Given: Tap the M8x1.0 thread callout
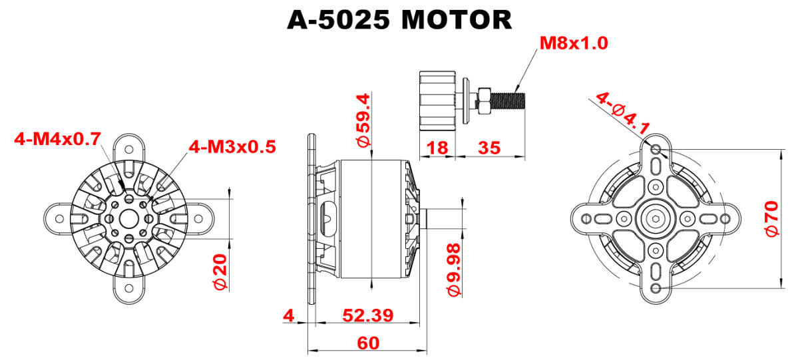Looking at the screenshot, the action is point(574,43).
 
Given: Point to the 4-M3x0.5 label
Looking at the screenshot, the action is point(232,146).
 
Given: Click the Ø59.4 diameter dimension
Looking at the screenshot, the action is point(365,120).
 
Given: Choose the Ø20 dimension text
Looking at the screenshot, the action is point(220,271).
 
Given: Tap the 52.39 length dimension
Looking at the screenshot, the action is point(367,315).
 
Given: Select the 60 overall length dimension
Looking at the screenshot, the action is point(368,343).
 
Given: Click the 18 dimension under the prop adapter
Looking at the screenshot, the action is point(437,148).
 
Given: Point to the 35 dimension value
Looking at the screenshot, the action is point(489,148).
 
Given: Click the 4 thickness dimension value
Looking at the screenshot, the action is point(289,315).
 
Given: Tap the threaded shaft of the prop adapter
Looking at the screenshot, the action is point(507,100).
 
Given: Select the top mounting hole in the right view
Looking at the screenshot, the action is point(656,149).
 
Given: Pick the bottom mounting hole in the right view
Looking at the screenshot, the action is point(656,289).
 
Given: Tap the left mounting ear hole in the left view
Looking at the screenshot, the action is point(59,218).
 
